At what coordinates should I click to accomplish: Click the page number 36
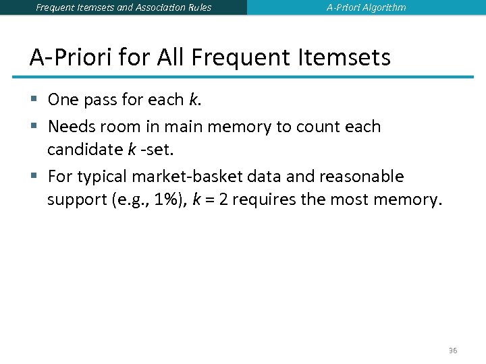tap(453, 351)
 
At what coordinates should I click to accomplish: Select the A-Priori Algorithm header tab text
tap(367, 7)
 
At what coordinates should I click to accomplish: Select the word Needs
tap(70, 127)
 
